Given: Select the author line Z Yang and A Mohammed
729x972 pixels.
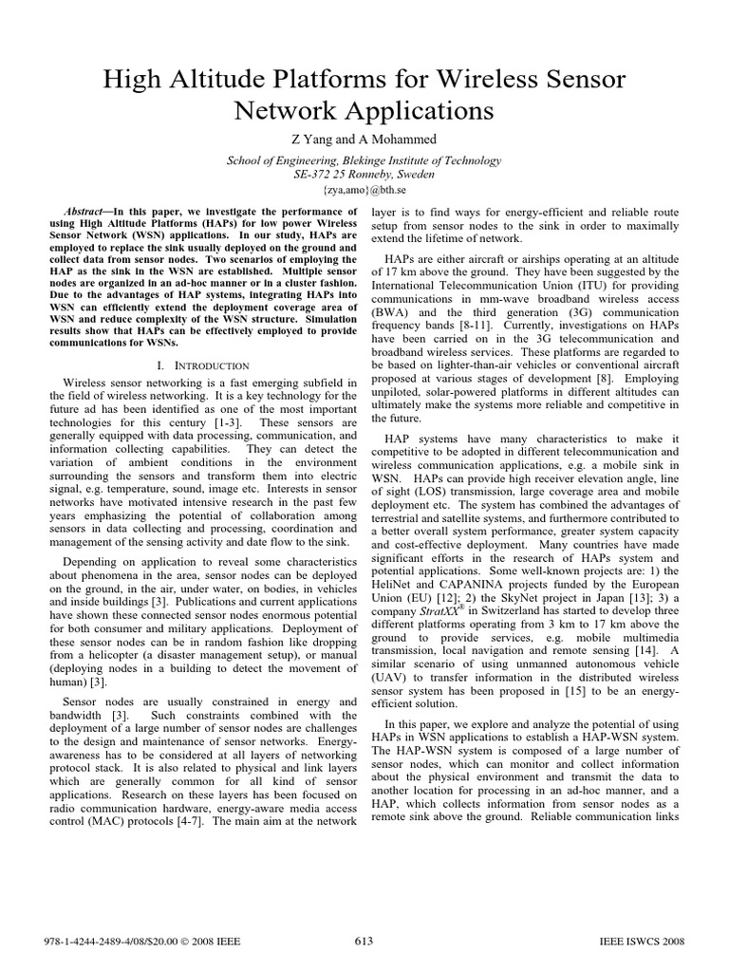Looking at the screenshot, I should [364, 140].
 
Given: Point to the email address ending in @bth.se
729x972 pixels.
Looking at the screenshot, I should [364, 190].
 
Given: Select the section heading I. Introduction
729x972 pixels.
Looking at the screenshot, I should [202, 364].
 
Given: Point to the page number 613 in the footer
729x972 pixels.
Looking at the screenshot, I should [364, 940].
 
